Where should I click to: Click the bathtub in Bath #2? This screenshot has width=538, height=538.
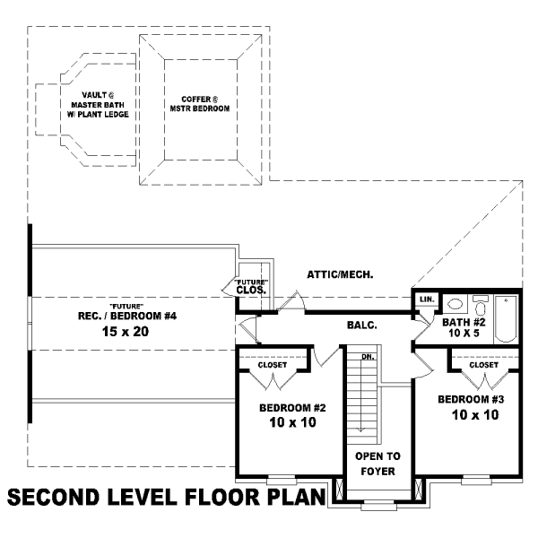point(506,318)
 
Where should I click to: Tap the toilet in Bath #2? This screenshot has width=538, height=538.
point(481,305)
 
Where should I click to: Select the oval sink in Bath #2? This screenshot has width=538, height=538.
point(455,304)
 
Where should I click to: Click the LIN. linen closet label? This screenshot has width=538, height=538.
point(427,299)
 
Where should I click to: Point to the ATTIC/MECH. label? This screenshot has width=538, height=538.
point(340,274)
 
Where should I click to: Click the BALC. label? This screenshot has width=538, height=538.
point(362,325)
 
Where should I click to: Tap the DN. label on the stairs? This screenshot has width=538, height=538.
point(368,357)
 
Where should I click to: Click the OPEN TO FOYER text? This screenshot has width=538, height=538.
point(377,464)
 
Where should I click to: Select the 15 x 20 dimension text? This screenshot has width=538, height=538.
point(126,332)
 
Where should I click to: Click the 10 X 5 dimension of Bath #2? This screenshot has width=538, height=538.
point(464,333)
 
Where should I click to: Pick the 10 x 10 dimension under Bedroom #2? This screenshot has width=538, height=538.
point(292,422)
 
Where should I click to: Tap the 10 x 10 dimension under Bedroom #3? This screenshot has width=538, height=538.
point(475,415)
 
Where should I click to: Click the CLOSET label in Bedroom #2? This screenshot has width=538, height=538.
point(273,365)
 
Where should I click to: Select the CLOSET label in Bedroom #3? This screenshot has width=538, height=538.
point(484,365)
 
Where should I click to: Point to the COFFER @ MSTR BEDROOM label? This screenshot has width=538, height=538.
point(200,104)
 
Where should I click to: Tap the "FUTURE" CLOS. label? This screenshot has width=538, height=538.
point(251,287)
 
